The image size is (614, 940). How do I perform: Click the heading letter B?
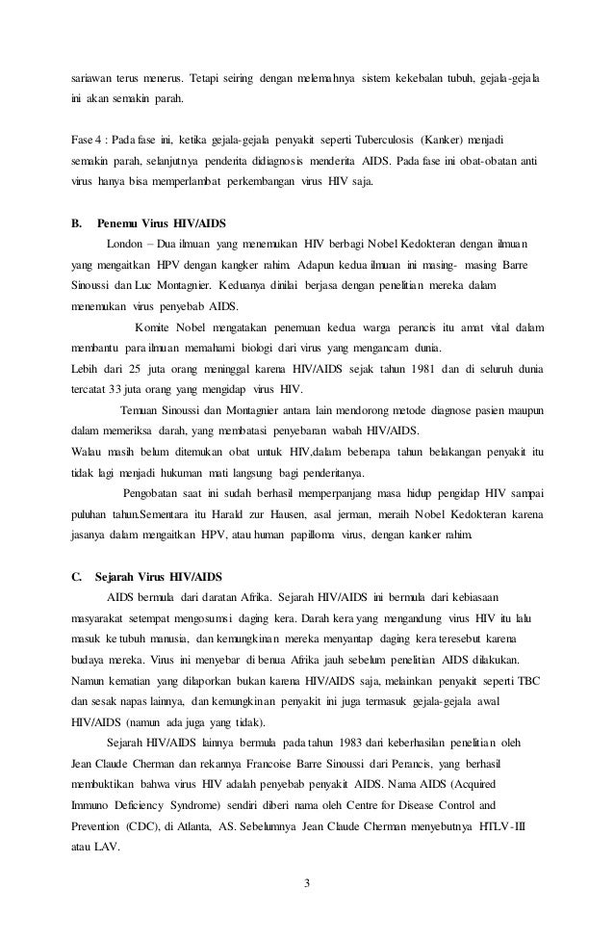(77, 222)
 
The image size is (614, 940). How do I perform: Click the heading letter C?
(77, 578)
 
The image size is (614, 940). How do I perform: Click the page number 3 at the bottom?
(306, 878)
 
